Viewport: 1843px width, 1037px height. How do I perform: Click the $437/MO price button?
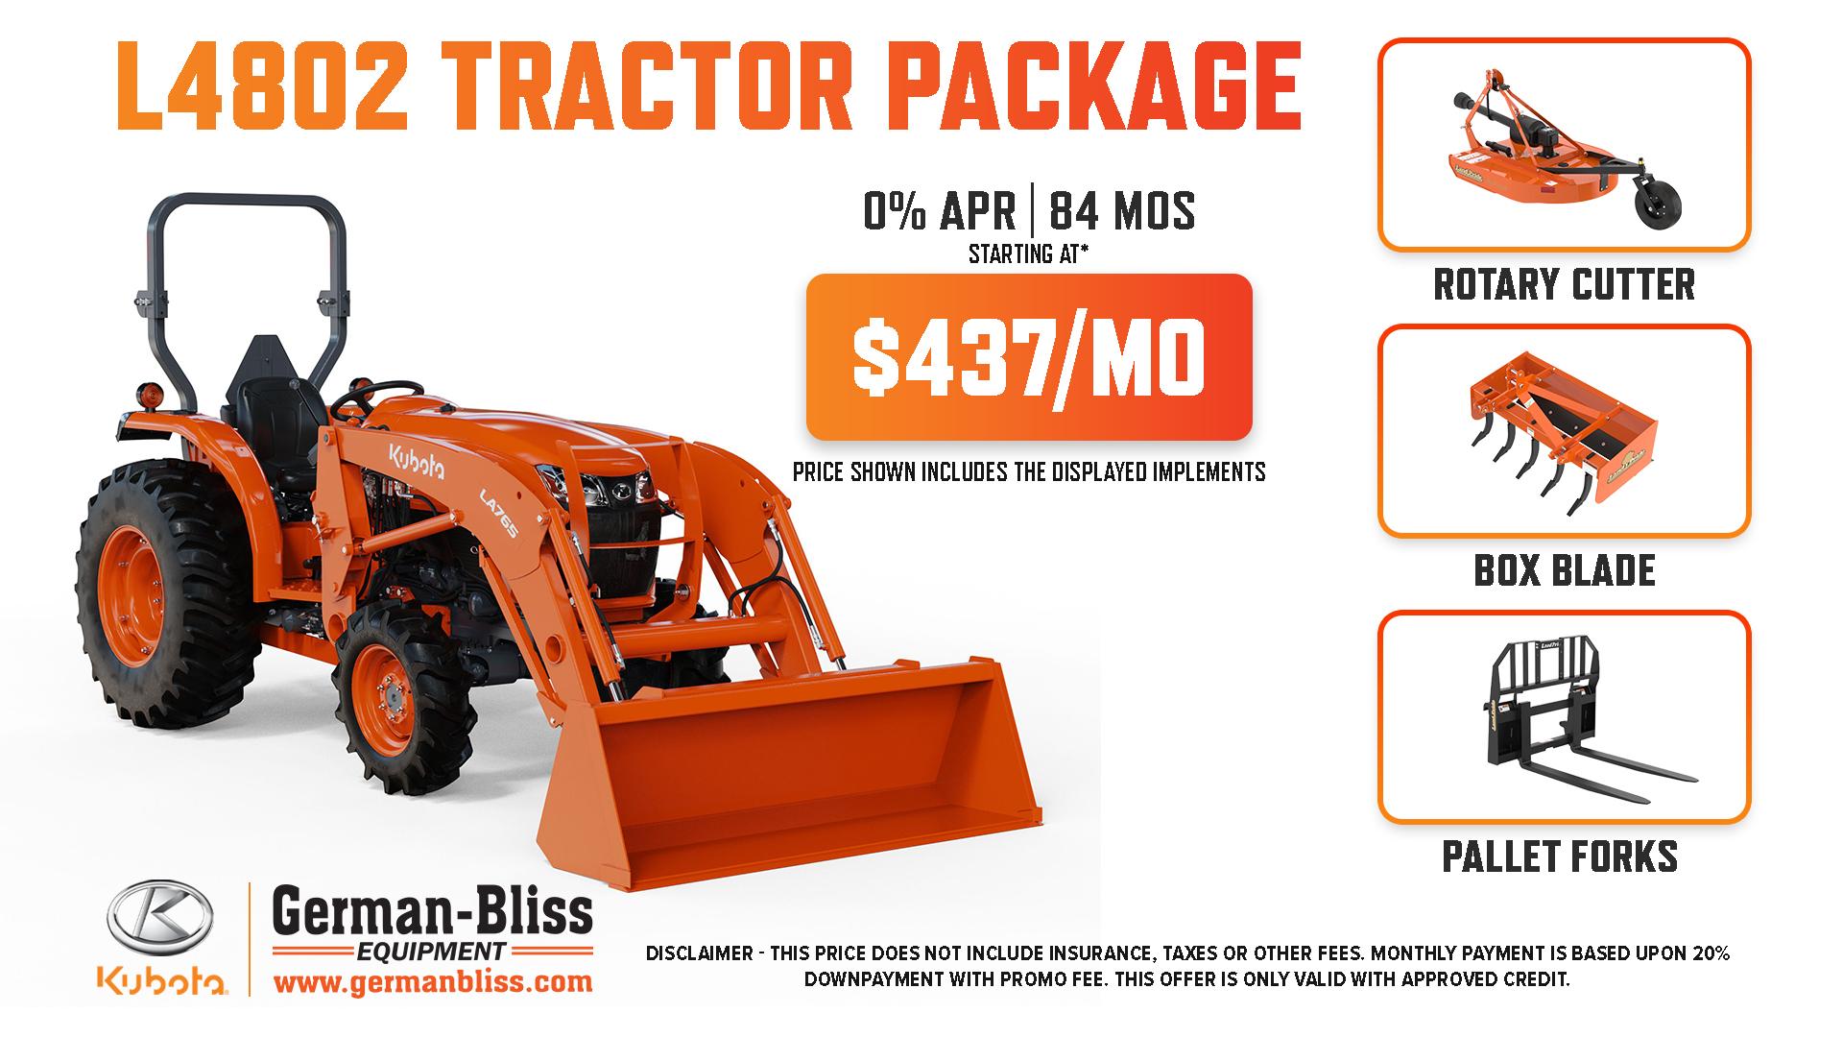point(1029,357)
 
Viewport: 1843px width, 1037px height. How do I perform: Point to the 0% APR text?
point(940,211)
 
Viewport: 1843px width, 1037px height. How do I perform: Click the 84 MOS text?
point(1122,211)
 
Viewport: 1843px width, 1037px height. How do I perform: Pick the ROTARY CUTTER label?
point(1565,284)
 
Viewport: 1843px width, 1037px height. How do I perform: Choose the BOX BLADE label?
point(1565,570)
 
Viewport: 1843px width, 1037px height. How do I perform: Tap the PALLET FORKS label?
point(1561,856)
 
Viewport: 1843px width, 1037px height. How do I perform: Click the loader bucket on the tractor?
point(787,768)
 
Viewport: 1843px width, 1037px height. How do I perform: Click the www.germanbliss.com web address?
point(433,982)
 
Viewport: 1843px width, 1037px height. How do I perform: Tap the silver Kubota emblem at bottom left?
point(161,920)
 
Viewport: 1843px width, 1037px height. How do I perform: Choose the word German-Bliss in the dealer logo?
point(433,912)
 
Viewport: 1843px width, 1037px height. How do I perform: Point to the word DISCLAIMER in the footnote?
point(699,954)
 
